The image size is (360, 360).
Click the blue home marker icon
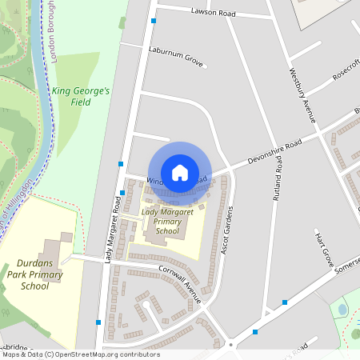coord(180,172)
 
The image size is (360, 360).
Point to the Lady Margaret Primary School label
coord(167,222)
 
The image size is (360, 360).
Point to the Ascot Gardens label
coord(226,231)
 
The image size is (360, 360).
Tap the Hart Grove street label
coord(323,250)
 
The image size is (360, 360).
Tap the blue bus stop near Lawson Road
coord(153,22)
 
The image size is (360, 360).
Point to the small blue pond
coord(342,308)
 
